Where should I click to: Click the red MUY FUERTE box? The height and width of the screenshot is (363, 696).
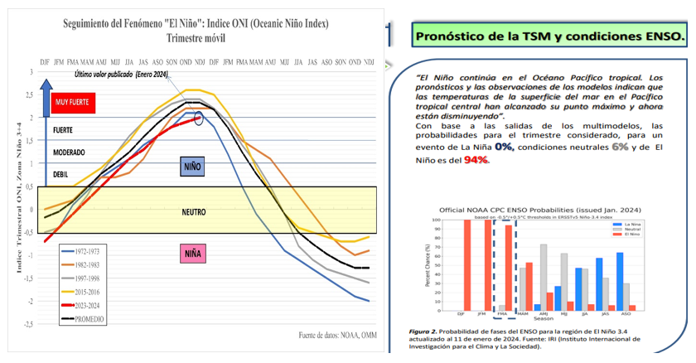74,103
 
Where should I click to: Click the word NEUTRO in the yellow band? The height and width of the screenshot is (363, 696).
193,212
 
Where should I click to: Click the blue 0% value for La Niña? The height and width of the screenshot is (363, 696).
503,147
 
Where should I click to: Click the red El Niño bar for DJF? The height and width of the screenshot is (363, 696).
466,264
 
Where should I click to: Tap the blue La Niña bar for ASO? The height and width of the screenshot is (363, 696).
619,281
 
